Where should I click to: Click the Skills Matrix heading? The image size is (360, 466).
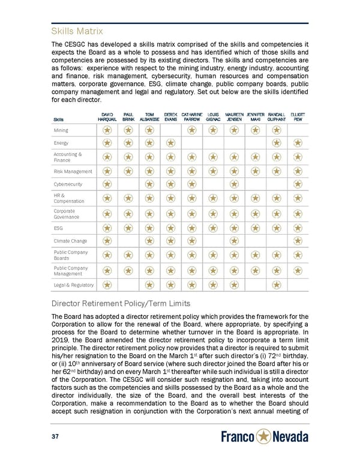(x=78, y=31)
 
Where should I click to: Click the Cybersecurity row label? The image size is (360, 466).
(x=68, y=184)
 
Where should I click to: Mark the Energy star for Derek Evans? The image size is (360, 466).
(x=170, y=143)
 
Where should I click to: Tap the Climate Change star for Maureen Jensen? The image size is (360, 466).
(x=234, y=241)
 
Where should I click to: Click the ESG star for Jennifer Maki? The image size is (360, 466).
(x=255, y=228)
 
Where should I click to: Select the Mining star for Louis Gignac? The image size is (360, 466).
(x=212, y=130)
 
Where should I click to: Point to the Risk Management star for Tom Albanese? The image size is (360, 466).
(x=149, y=171)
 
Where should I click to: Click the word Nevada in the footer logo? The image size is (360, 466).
(x=292, y=437)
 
